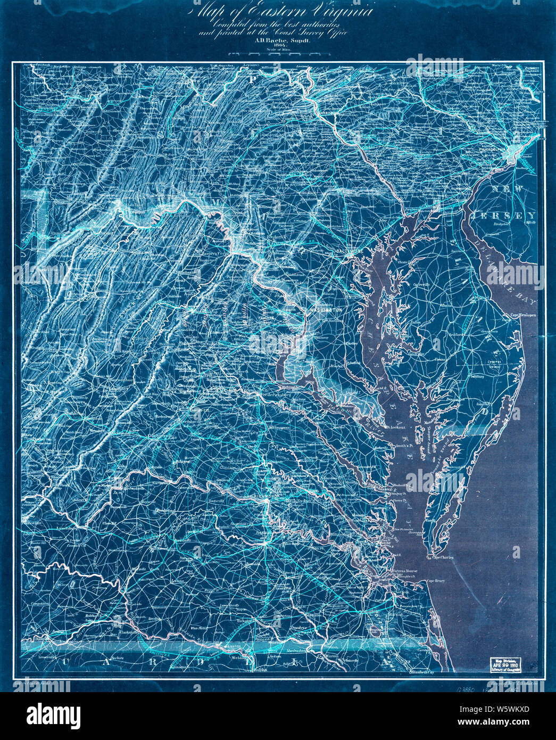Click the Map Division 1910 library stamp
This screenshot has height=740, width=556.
[x=505, y=664]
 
